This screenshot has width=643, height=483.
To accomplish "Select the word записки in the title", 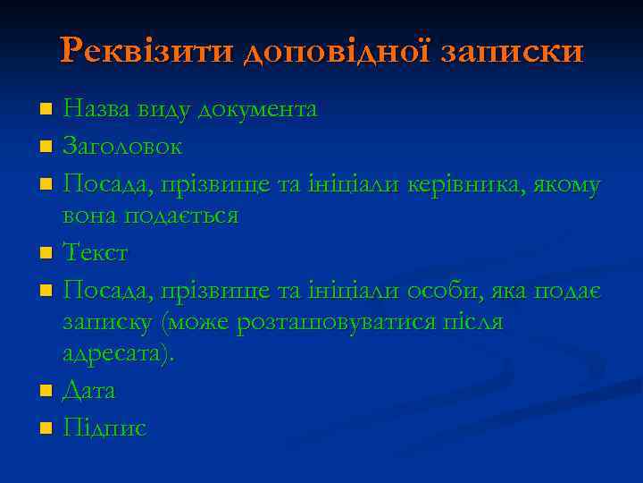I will [x=513, y=51].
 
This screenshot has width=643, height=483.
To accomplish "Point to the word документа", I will [x=257, y=109].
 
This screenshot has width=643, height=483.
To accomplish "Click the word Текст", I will [x=96, y=253].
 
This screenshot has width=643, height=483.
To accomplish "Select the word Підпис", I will [x=104, y=428].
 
